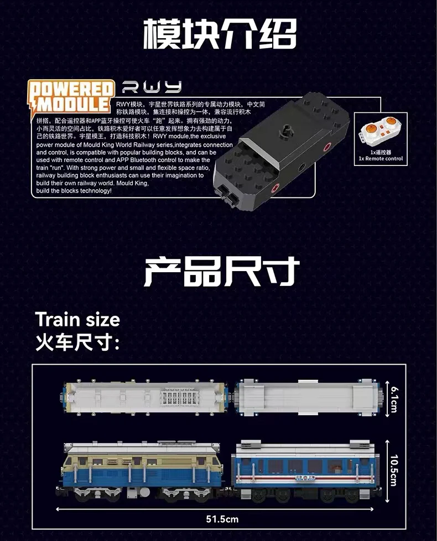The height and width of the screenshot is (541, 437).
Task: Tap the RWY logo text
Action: pos(152,87)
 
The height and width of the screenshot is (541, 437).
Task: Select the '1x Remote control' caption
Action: pos(381,159)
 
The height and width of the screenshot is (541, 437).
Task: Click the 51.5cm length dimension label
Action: pos(222,519)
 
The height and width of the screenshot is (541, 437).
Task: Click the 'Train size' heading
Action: pos(77,320)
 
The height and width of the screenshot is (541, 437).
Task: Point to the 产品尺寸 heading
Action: pos(221,272)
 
